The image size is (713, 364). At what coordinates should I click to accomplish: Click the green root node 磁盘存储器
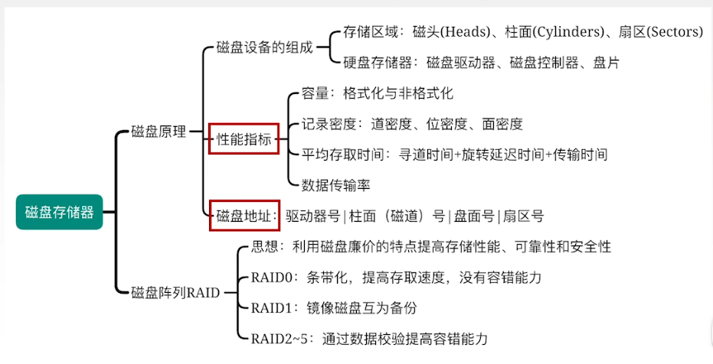59,212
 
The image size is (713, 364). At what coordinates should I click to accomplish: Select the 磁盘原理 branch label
159,132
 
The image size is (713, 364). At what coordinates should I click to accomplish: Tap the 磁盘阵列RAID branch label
175,292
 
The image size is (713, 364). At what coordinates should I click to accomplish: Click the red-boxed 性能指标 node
244,139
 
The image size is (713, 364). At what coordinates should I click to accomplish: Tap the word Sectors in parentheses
674,32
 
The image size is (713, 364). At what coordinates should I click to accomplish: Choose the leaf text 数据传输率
335,184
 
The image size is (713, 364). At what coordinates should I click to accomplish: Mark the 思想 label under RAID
265,246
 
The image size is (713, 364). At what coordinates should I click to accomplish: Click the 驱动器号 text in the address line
312,216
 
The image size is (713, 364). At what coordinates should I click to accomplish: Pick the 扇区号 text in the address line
522,216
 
